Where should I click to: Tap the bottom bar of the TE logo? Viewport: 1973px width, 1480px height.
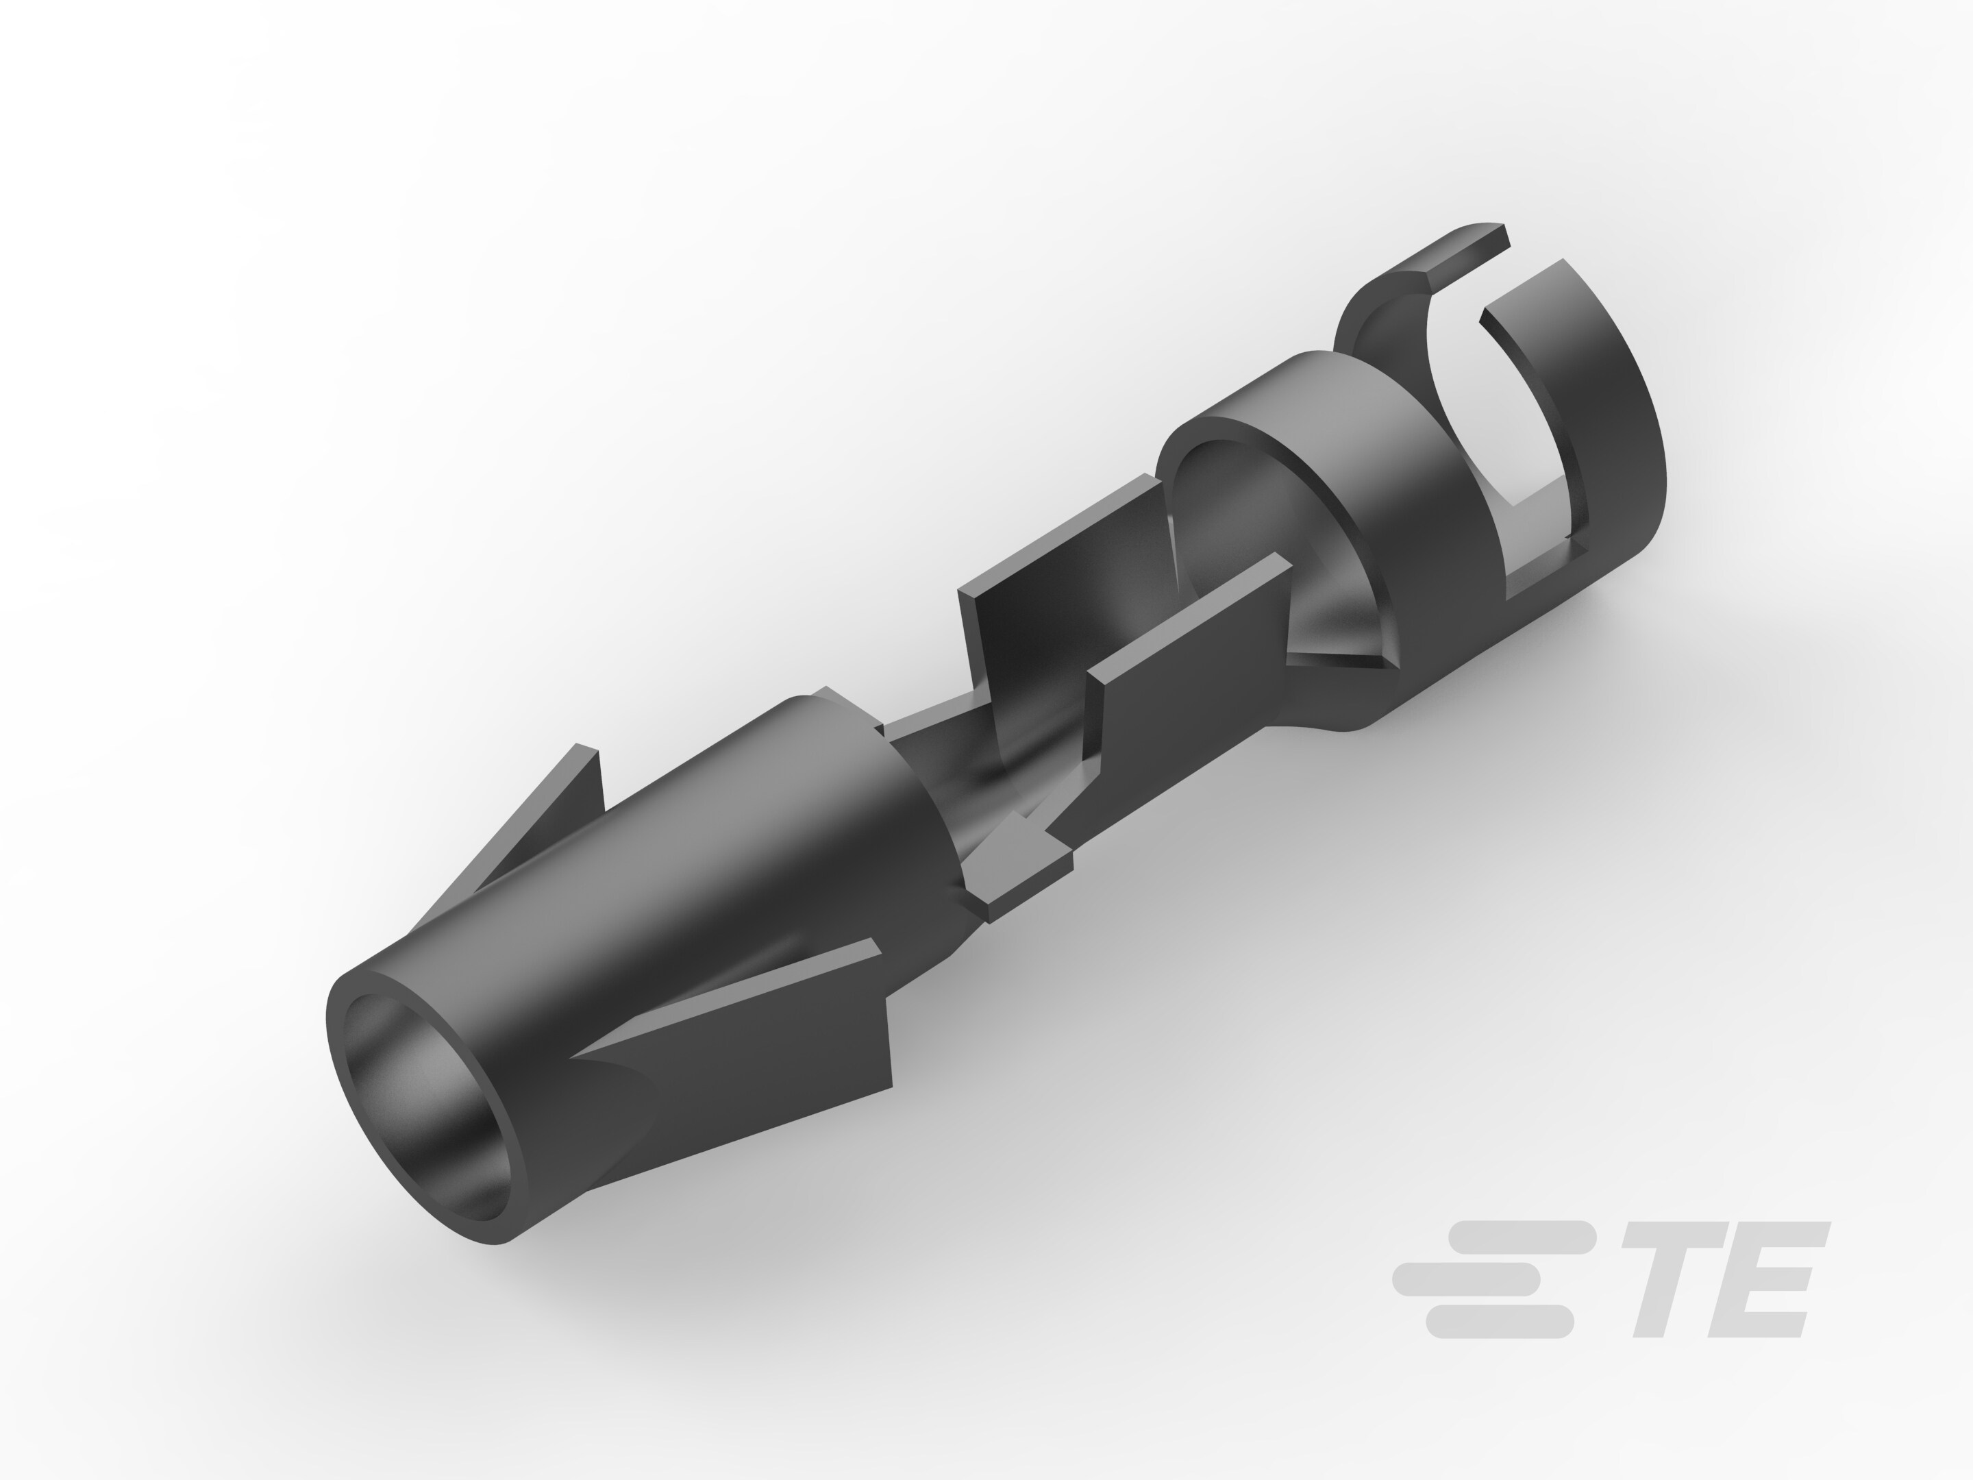pos(1498,1321)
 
